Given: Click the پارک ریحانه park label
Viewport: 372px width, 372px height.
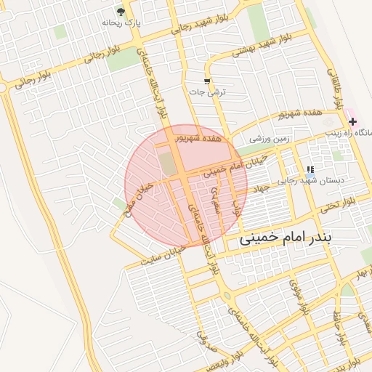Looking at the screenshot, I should click(x=119, y=23).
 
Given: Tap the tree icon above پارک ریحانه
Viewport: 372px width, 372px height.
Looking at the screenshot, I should click(x=121, y=12).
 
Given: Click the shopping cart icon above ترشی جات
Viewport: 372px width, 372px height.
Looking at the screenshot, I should click(x=208, y=81).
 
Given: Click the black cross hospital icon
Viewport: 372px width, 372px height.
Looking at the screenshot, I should click(x=352, y=121).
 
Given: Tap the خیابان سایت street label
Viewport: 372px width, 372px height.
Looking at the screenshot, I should click(x=164, y=252).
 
